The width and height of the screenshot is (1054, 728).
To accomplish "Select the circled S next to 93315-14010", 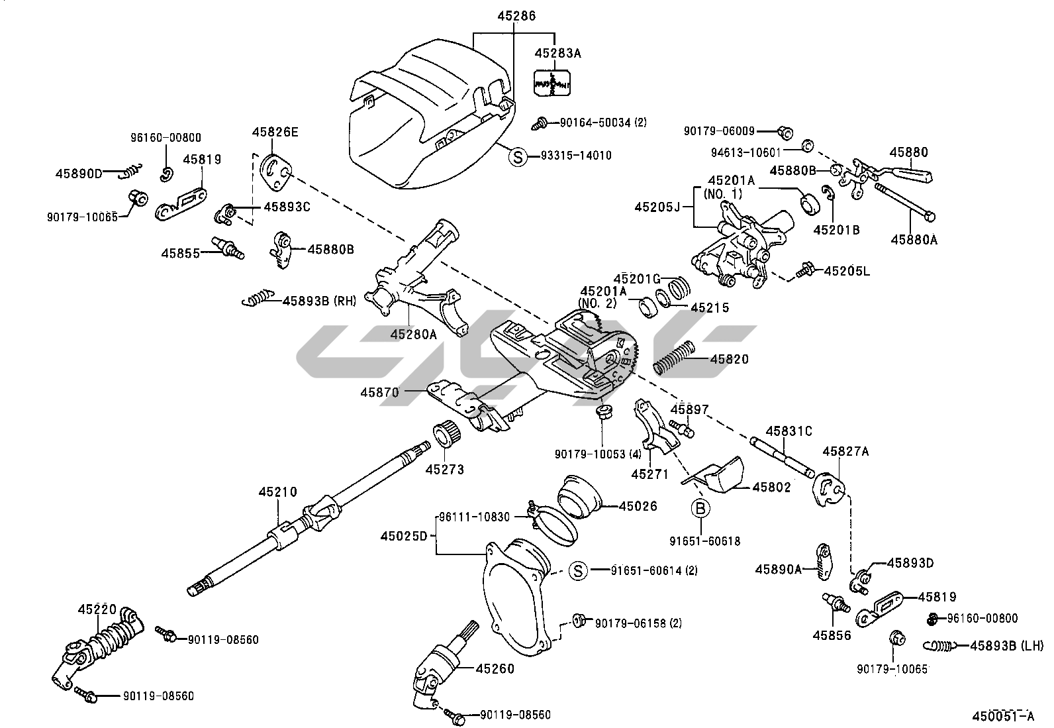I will (517, 156).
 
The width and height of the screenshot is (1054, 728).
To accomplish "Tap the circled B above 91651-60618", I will (700, 509).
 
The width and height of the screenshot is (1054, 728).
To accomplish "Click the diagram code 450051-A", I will (1002, 716).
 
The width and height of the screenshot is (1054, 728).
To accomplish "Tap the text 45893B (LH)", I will (1006, 645).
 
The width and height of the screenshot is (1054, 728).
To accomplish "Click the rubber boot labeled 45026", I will (579, 499).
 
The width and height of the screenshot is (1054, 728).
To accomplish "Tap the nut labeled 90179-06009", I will (785, 131).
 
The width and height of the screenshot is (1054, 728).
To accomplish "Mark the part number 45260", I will (495, 668).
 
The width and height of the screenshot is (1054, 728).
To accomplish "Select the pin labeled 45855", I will (228, 248).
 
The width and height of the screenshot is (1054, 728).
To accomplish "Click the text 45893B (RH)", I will (319, 301).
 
